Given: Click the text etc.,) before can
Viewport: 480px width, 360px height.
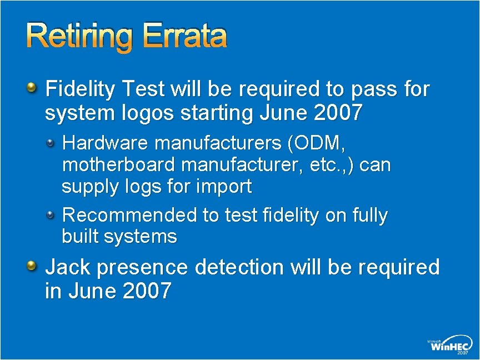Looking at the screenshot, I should [334, 165].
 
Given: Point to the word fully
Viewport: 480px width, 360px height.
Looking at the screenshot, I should [369, 215].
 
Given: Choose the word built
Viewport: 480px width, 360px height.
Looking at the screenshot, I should [79, 237].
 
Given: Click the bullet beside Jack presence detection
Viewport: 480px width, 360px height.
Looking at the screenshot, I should [32, 266].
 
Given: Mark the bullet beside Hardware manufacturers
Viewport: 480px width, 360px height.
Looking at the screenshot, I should [51, 143].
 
